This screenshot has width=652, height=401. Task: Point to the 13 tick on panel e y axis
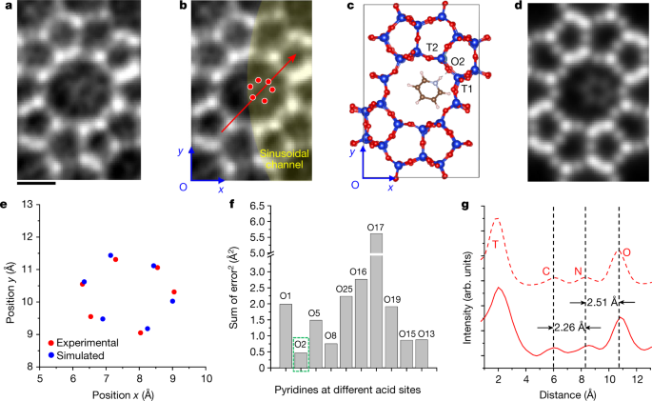click(x=31, y=204)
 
